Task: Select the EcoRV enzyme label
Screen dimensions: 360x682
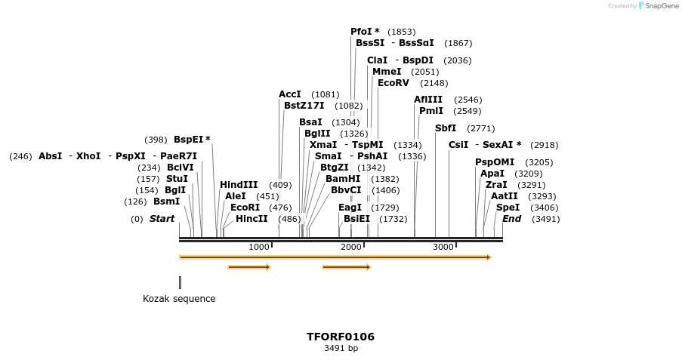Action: [x=393, y=83]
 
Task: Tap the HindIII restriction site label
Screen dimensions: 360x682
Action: [x=239, y=185]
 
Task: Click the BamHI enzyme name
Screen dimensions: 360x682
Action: [x=343, y=179]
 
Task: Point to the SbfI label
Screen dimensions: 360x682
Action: [x=446, y=128]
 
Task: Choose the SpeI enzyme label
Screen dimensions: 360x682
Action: [x=508, y=208]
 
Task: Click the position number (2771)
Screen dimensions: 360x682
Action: [x=481, y=128]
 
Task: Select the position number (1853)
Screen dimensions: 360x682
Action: [x=401, y=32]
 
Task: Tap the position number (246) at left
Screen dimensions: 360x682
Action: [x=20, y=156]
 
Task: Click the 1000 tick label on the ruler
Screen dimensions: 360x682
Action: [x=258, y=248]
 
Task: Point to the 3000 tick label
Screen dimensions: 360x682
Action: [x=443, y=248]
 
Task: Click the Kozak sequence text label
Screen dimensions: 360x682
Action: [x=179, y=299]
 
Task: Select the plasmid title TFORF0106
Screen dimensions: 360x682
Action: [x=340, y=337]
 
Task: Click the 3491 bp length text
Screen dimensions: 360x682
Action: [x=341, y=349]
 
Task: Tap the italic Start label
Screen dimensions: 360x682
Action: [x=162, y=219]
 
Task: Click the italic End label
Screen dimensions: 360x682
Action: [x=511, y=219]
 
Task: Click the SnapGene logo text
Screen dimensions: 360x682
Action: [x=657, y=6]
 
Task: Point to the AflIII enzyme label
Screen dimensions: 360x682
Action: [x=428, y=100]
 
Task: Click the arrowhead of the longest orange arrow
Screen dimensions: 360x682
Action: [x=489, y=257]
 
